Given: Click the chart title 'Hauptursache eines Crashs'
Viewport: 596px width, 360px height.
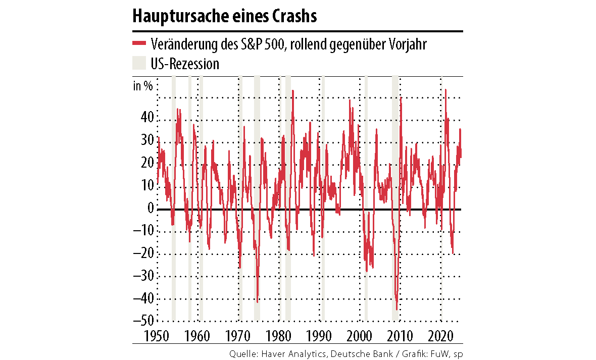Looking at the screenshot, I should tap(225, 16).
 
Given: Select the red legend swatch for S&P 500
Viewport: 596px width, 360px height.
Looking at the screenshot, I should tap(139, 44).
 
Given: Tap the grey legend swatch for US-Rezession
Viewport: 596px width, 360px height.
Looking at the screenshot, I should tap(139, 64).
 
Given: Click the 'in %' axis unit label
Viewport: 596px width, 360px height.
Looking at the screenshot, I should tap(142, 85).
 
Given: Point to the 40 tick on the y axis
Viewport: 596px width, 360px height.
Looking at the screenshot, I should tap(146, 118).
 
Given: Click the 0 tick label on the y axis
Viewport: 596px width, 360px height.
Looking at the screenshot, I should tap(150, 208).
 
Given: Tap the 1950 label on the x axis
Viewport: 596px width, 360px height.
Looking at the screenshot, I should tap(145, 336).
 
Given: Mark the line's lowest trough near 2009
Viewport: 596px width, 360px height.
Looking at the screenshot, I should tap(397, 309).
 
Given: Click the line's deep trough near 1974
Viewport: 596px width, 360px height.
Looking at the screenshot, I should tap(257, 302).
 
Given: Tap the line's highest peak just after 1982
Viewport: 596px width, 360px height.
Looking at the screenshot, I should tap(293, 91).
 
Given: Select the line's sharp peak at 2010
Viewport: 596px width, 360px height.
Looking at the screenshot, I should tap(401, 97).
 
